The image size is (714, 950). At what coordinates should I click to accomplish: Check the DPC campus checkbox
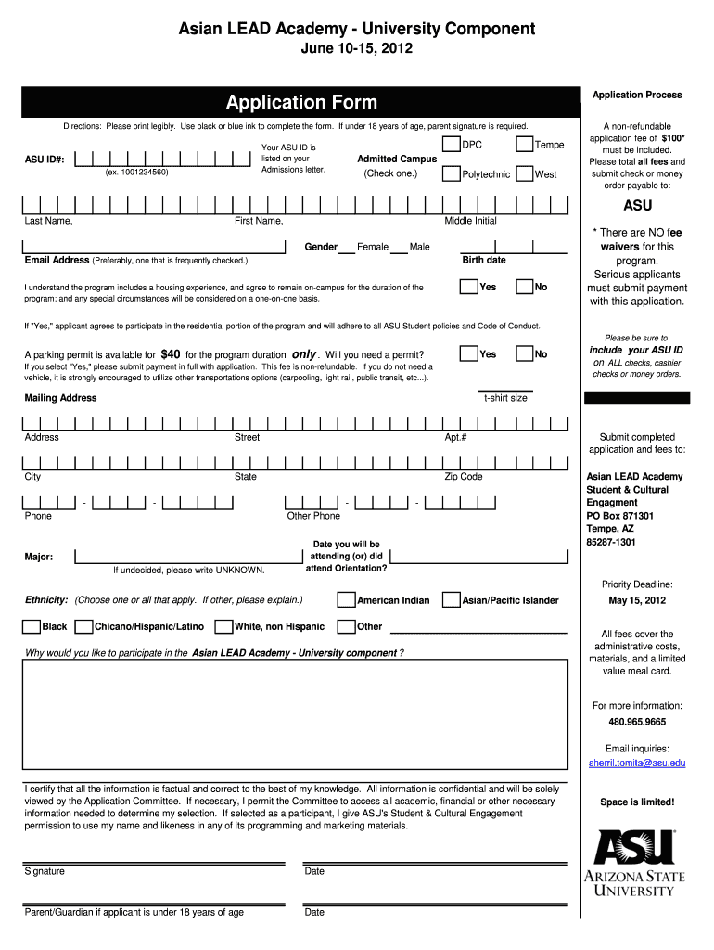point(451,144)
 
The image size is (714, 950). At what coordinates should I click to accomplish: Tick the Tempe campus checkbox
point(525,144)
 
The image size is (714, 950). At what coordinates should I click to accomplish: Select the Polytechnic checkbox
point(451,173)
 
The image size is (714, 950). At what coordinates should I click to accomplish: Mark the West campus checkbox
point(525,173)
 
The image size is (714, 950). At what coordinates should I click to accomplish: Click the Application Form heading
point(301,102)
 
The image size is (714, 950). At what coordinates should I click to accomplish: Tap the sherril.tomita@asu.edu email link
point(637,763)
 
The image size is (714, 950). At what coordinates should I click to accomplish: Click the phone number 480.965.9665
point(637,722)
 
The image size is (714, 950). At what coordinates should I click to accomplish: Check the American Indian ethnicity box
point(346,600)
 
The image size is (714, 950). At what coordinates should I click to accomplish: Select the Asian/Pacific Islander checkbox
point(452,600)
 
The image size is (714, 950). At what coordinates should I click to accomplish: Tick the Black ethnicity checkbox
point(31,626)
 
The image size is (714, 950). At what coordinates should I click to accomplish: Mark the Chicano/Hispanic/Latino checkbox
point(83,626)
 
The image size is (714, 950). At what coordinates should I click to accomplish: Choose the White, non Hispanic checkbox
point(223,626)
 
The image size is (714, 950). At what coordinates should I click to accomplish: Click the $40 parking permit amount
point(171,354)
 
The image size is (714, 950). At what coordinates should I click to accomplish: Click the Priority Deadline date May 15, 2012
point(637,600)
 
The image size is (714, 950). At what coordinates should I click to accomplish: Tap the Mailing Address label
point(60,398)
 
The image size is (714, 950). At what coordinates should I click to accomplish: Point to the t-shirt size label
point(505,398)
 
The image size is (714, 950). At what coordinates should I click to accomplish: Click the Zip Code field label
point(464,477)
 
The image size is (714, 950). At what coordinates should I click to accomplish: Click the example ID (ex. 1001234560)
point(137,173)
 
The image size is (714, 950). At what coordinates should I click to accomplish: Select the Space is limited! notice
point(637,802)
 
